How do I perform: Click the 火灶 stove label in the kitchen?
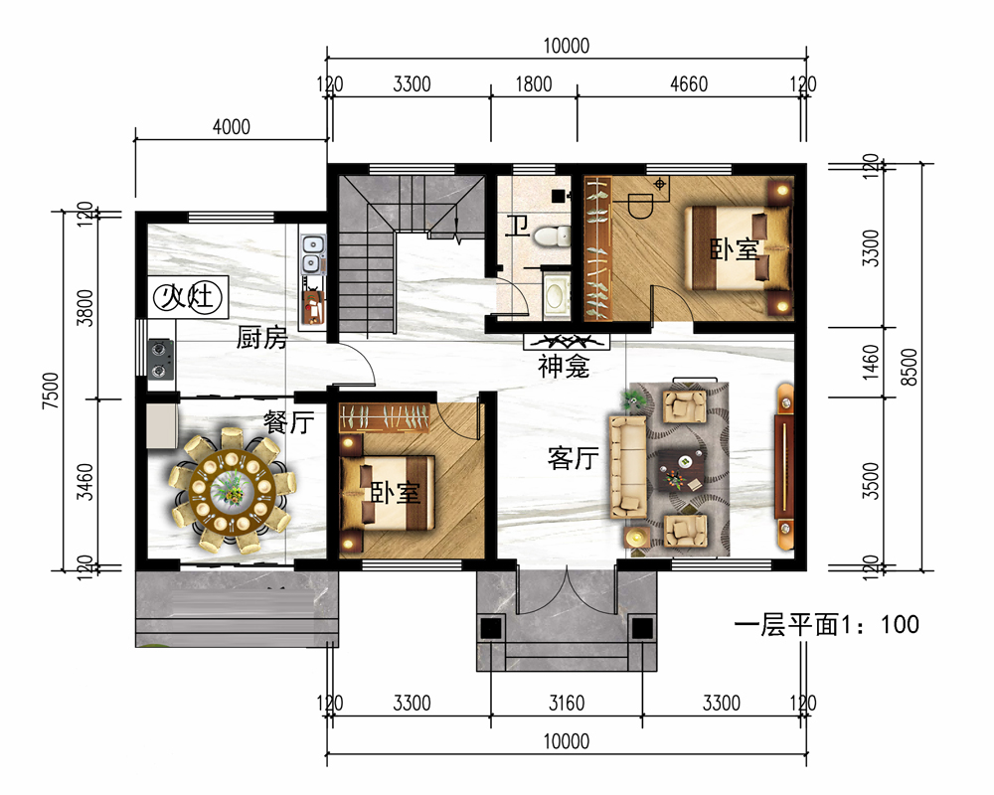pos(187,297)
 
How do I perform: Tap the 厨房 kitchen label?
pos(261,338)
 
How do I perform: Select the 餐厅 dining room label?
pos(288,421)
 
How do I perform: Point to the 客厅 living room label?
pos(574,458)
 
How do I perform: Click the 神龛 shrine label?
pos(564,367)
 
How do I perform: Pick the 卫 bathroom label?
pos(517,226)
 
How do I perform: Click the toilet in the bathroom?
pos(552,237)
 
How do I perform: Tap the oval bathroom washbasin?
pos(557,296)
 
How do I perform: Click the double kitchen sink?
pos(312,253)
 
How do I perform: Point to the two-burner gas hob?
pos(160,359)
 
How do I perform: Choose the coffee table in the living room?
pos(682,470)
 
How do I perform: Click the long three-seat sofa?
pos(627,467)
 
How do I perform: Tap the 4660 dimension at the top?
pos(689,84)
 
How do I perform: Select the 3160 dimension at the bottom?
pos(567,703)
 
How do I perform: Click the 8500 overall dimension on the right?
pos(909,367)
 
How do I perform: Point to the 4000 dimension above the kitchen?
pos(232,127)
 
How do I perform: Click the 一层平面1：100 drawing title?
pos(827,625)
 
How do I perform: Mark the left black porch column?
pos(491,628)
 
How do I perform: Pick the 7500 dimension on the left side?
pos(50,391)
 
